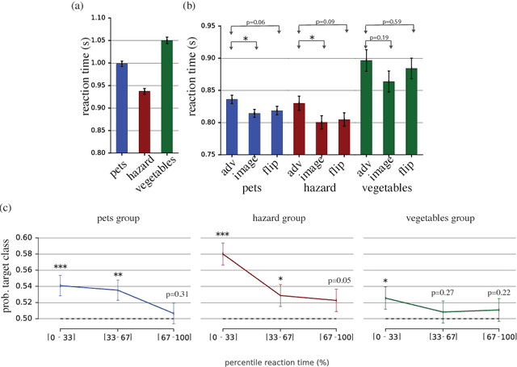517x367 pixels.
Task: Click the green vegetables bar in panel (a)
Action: coord(167,96)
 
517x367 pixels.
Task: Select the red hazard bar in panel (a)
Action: coord(144,121)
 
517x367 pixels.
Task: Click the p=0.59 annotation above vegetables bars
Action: coord(393,23)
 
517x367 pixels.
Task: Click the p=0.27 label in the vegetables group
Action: coord(443,294)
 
